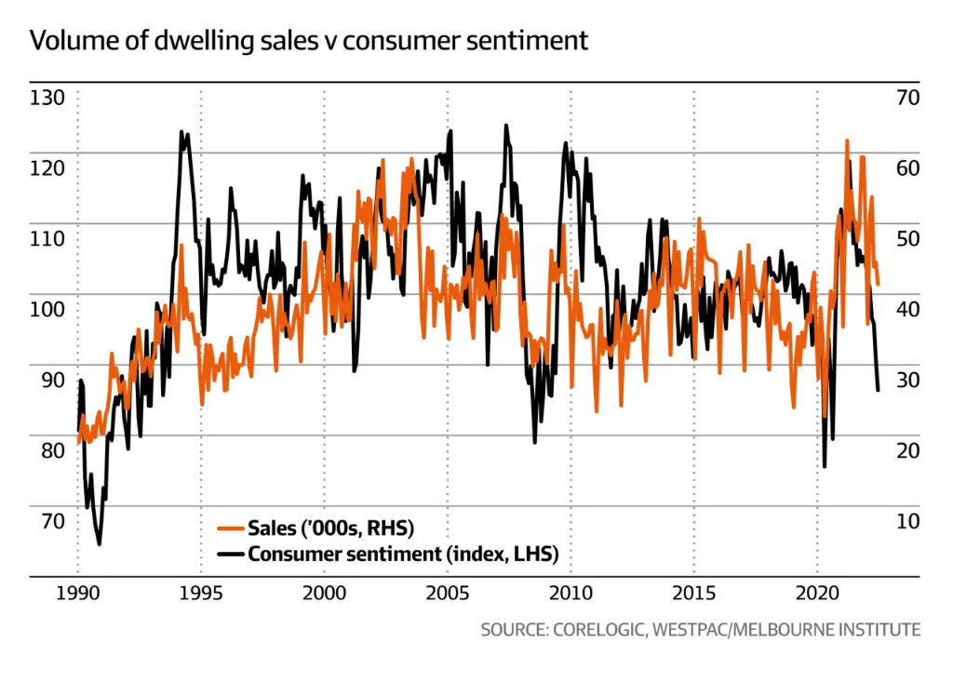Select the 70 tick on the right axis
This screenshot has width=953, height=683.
coord(906,98)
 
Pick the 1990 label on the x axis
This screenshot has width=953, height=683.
coord(77,595)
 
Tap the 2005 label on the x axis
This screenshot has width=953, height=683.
coord(448,595)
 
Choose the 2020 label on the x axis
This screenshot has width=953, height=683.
coord(817,595)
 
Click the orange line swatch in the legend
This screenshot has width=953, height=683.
coord(231,529)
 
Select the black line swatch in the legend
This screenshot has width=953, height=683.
coord(231,556)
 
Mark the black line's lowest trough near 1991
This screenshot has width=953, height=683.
coord(99,544)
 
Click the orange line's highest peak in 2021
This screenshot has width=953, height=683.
coord(847,141)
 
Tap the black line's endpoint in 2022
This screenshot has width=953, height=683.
coord(878,390)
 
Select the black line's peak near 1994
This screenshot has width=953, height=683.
coord(181,131)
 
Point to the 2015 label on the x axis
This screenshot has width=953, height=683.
coord(693,595)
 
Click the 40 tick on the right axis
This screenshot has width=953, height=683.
coord(906,309)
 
